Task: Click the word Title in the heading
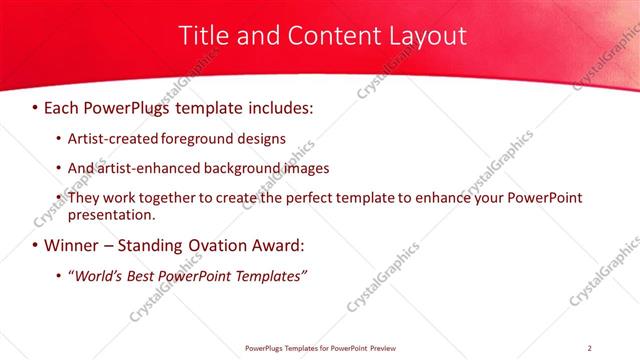point(201,36)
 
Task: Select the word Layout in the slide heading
point(420,36)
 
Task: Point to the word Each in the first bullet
point(63,106)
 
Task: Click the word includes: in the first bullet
point(283,106)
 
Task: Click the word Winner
point(71,245)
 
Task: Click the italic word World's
point(98,275)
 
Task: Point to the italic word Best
point(145,275)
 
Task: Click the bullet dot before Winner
point(36,246)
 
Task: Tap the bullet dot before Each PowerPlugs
point(36,107)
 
